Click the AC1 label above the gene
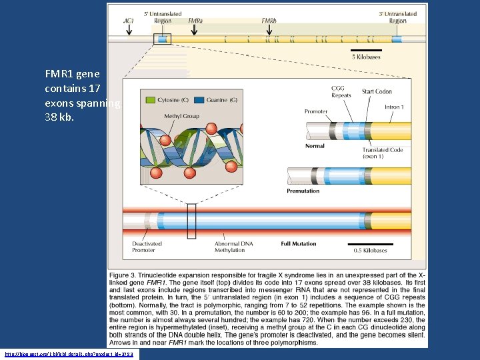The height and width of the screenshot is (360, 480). point(129,21)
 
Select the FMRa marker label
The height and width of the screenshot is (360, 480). point(196,21)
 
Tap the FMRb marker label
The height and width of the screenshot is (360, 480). point(269,21)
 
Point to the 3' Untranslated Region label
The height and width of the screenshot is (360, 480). point(397,17)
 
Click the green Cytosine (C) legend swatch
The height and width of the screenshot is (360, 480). point(150,100)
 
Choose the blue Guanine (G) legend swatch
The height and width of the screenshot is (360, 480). point(199,100)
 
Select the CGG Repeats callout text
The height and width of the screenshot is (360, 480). point(340,92)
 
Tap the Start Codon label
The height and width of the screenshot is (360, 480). point(377,91)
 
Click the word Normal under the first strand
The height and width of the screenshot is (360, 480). point(315,146)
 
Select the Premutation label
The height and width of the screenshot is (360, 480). point(303,191)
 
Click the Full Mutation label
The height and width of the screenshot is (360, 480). point(299,244)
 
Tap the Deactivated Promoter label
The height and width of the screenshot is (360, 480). point(144,247)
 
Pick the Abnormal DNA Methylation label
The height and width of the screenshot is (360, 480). point(234,247)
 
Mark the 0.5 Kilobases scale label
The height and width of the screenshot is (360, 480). point(371,251)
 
